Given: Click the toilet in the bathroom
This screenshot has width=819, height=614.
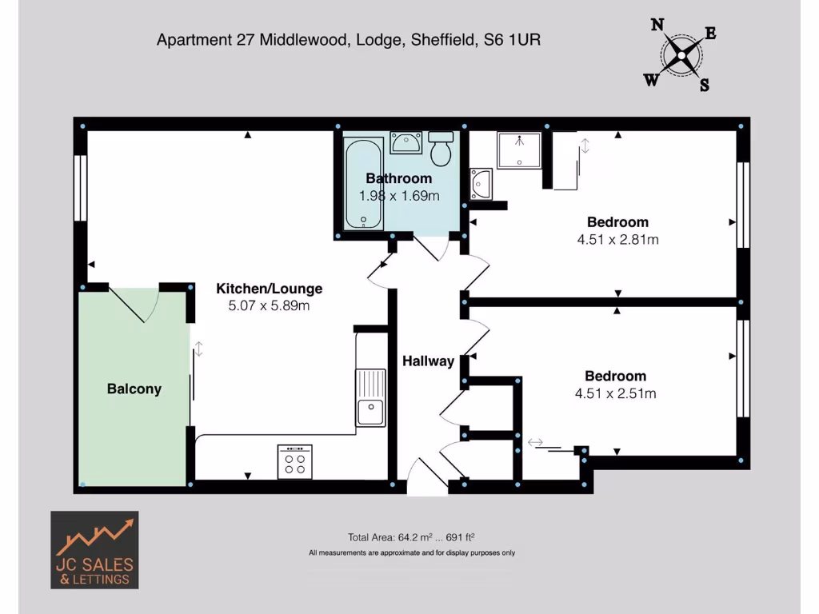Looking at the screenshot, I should point(441,148).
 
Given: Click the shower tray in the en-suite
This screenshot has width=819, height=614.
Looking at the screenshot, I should point(519,150).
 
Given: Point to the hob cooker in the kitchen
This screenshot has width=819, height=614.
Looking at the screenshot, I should point(295,461).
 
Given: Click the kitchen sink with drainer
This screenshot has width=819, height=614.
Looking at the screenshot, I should point(370,397).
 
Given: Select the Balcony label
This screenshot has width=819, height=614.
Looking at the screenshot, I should point(134,389).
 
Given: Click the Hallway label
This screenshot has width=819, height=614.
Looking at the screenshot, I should point(428,361).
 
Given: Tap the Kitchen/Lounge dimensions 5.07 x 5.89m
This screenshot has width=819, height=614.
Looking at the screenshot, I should point(269,305).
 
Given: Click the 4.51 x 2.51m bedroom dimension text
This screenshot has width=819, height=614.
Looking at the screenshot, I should point(615,393).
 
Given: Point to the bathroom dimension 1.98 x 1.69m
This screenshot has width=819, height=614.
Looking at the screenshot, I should point(398,195).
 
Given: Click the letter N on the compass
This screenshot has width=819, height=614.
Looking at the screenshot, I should point(657,25).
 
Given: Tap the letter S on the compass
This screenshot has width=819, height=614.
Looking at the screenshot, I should point(704,86).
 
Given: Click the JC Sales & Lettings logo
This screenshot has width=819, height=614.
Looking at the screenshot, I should point(94,550).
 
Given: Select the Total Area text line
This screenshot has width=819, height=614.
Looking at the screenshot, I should point(412,537).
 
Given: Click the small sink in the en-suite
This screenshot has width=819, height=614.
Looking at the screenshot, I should point(481,183).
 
